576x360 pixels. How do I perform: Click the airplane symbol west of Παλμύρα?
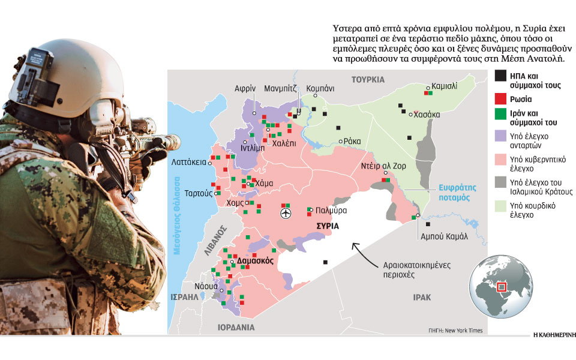click(285, 212)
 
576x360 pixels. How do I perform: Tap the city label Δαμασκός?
click(256, 262)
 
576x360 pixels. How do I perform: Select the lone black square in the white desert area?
click(325, 262)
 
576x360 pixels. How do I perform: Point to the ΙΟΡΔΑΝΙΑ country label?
click(236, 328)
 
